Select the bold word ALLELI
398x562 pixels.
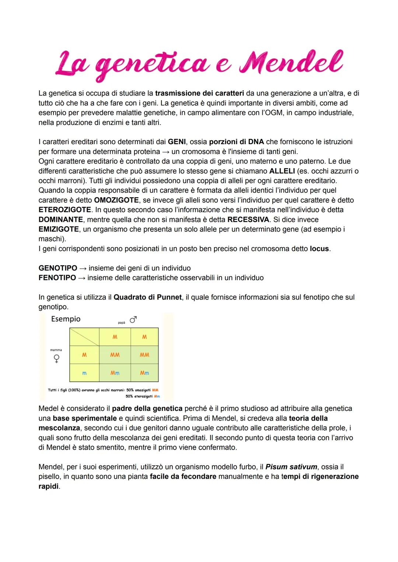(x=282, y=171)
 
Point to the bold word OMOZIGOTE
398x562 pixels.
(x=116, y=200)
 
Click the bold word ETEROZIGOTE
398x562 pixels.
(x=65, y=210)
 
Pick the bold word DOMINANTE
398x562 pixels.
(x=61, y=220)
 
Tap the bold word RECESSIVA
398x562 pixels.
(x=249, y=220)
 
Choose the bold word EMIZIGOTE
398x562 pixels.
(x=59, y=229)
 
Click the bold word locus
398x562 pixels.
(x=319, y=249)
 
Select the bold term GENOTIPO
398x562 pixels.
(x=58, y=268)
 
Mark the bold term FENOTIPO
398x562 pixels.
(x=57, y=278)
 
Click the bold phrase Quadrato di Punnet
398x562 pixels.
(x=147, y=297)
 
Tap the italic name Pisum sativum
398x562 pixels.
(x=291, y=467)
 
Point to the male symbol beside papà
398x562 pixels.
(x=133, y=320)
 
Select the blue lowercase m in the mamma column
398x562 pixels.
(x=84, y=373)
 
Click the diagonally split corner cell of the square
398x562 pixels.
(x=84, y=337)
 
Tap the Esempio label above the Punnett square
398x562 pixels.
(x=66, y=319)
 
